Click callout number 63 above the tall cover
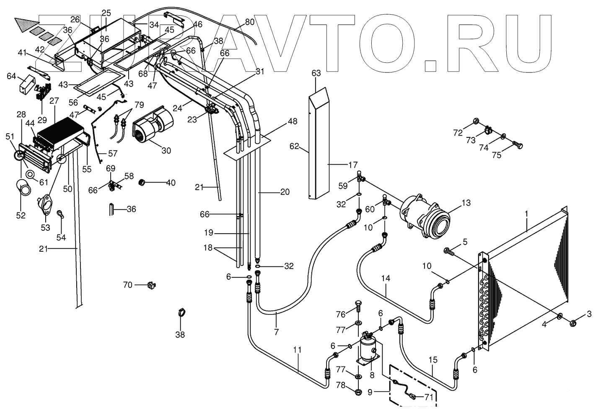[x=316, y=73]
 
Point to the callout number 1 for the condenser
[x=526, y=214]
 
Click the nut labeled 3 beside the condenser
[x=574, y=323]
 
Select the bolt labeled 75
[x=518, y=147]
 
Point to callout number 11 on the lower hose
[x=298, y=350]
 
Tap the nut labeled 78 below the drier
[x=359, y=392]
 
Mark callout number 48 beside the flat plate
[x=292, y=121]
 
